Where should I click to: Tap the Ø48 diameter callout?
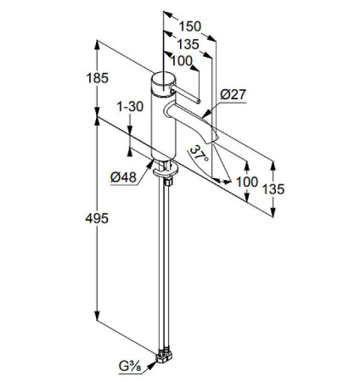[126, 177]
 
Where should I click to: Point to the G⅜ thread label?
[131, 368]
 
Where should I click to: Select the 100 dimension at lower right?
[247, 182]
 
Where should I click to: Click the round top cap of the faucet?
[161, 83]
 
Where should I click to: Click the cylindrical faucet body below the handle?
[161, 127]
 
